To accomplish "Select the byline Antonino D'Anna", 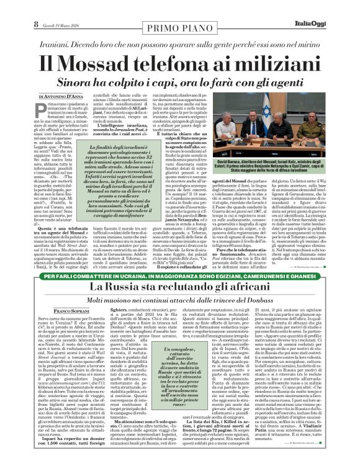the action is (x=69, y=97).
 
